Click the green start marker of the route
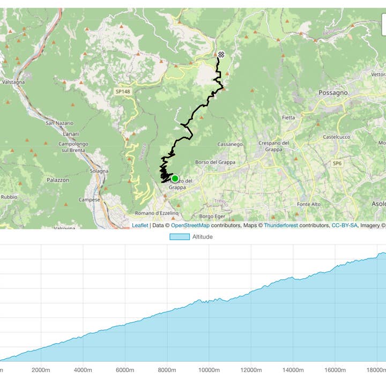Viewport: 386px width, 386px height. pos(175,179)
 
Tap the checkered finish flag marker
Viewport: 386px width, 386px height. pos(221,54)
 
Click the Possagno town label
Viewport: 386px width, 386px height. pos(333,93)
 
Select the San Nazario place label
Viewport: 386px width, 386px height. pos(58,123)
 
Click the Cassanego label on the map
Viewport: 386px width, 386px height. pos(231,144)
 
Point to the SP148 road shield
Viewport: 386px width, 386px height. pos(123,92)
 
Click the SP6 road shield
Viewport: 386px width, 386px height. pos(337,163)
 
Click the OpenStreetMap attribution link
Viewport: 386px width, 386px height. pos(190,226)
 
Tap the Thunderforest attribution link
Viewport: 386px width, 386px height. pos(280,226)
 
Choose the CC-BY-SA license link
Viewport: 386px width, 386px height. pos(344,226)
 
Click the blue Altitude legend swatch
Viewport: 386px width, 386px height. pos(180,236)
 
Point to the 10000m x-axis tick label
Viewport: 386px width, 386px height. pos(209,370)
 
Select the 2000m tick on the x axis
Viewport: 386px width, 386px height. pos(41,370)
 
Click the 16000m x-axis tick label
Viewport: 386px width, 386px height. pos(335,370)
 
